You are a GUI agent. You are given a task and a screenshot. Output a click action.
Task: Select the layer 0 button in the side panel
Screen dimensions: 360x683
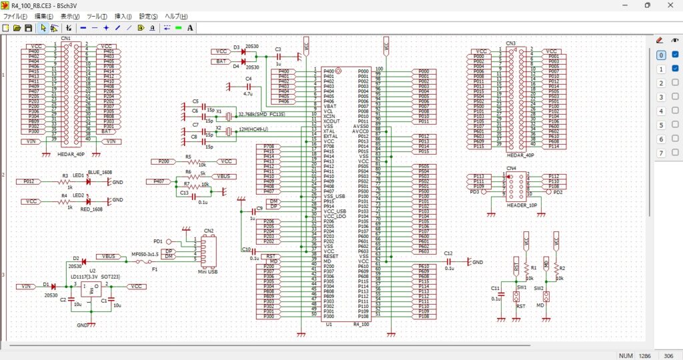[660, 55]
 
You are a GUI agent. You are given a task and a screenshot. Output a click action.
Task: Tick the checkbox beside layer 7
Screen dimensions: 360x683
[675, 153]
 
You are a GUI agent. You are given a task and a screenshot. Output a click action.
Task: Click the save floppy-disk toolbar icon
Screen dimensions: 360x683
[28, 28]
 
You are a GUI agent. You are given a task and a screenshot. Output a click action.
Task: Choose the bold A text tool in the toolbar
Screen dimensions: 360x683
[190, 28]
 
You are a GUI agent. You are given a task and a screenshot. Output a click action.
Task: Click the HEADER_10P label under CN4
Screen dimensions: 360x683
[522, 205]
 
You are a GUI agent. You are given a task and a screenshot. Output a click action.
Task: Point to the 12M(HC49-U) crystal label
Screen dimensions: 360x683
[252, 129]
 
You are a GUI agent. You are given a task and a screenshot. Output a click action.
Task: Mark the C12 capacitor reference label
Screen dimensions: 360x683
[448, 253]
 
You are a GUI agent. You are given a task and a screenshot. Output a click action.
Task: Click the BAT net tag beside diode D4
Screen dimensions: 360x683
[220, 61]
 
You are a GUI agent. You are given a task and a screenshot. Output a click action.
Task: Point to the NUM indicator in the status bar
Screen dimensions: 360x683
[625, 355]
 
